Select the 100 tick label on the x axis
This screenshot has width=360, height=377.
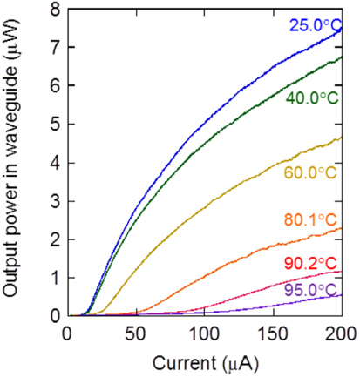[204, 333]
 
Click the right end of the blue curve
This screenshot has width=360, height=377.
[341, 29]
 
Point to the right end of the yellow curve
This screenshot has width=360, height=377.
[341, 138]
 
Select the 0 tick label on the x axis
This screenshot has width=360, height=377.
[68, 333]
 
